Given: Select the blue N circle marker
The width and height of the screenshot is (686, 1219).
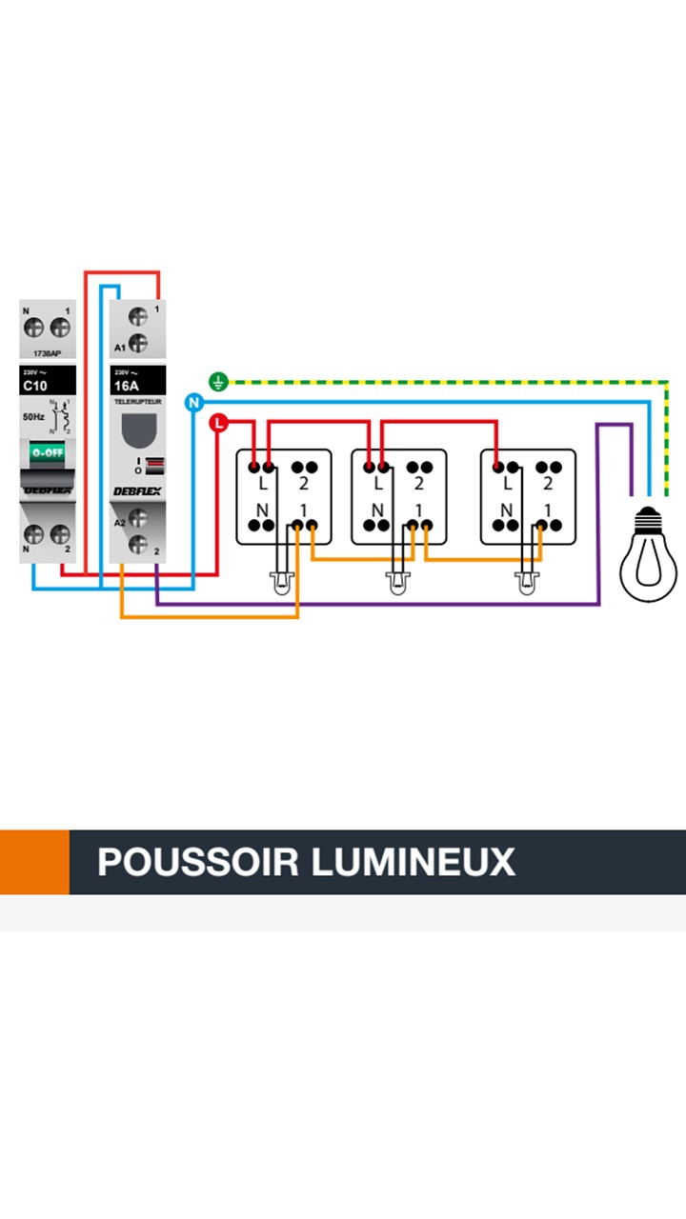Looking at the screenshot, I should point(194,403).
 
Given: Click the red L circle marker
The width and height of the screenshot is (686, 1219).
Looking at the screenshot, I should point(219,422).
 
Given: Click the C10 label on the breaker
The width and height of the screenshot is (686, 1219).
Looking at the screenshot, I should point(34,387).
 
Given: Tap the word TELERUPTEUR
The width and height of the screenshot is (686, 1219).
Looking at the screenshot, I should point(137,403).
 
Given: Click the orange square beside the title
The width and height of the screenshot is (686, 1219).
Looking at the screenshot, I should point(34,862).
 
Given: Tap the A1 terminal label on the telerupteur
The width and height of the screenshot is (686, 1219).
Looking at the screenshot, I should point(119,348).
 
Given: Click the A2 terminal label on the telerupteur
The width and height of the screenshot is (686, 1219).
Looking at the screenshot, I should point(119,523).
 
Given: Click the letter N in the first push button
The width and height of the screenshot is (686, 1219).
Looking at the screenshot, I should point(261,510).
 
